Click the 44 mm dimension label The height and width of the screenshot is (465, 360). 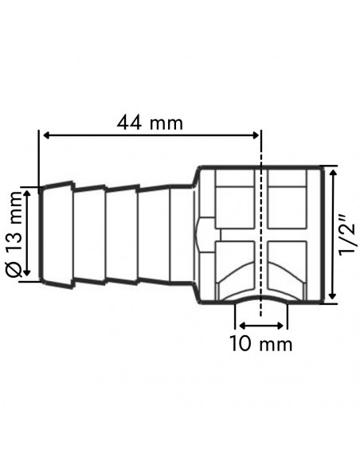[x=150, y=123]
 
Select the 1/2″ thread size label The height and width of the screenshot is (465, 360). [x=346, y=233]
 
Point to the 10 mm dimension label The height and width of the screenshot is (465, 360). [x=260, y=344]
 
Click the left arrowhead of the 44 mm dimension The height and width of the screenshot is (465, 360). [x=45, y=136]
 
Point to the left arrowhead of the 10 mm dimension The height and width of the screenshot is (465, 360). [x=240, y=325]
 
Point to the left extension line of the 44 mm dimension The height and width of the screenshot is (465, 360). [x=39, y=159]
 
